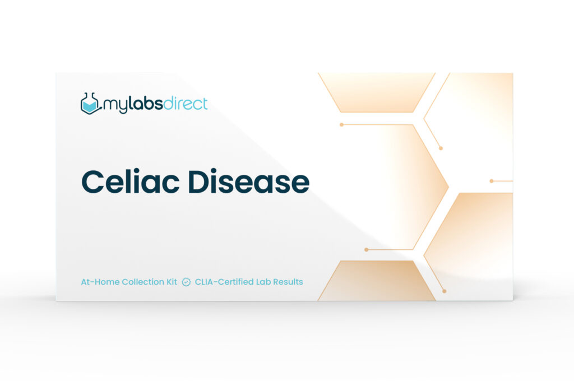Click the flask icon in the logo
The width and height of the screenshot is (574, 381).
pyautogui.click(x=90, y=104)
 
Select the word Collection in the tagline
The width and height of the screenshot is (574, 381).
pyautogui.click(x=143, y=282)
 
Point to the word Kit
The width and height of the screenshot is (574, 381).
pyautogui.click(x=172, y=282)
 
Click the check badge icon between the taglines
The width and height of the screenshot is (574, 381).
pyautogui.click(x=186, y=282)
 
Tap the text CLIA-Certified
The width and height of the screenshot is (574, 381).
pyautogui.click(x=224, y=282)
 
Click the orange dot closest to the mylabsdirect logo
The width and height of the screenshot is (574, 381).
pyautogui.click(x=341, y=125)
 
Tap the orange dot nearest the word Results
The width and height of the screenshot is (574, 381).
pyautogui.click(x=366, y=249)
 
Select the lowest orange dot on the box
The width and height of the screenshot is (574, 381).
pyautogui.click(x=445, y=291)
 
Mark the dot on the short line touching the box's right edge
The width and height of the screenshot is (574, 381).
pyautogui.click(x=492, y=181)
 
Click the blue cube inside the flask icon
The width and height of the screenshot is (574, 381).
pyautogui.click(x=90, y=106)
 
